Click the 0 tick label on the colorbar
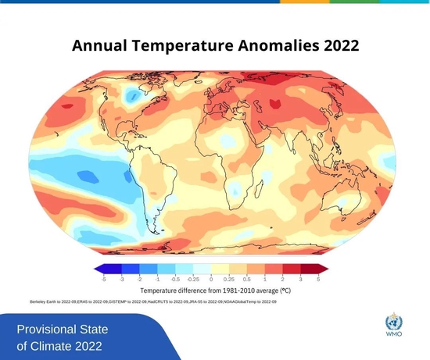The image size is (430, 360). click(212, 278)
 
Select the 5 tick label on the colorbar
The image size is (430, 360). click(317, 278)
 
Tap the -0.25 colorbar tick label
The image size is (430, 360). click(193, 278)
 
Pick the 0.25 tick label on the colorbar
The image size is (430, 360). click(230, 278)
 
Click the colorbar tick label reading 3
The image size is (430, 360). click(299, 278)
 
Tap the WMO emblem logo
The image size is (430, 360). click(393, 321)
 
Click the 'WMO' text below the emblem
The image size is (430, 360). click(393, 337)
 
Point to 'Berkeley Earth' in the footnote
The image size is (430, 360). click(43, 301)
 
